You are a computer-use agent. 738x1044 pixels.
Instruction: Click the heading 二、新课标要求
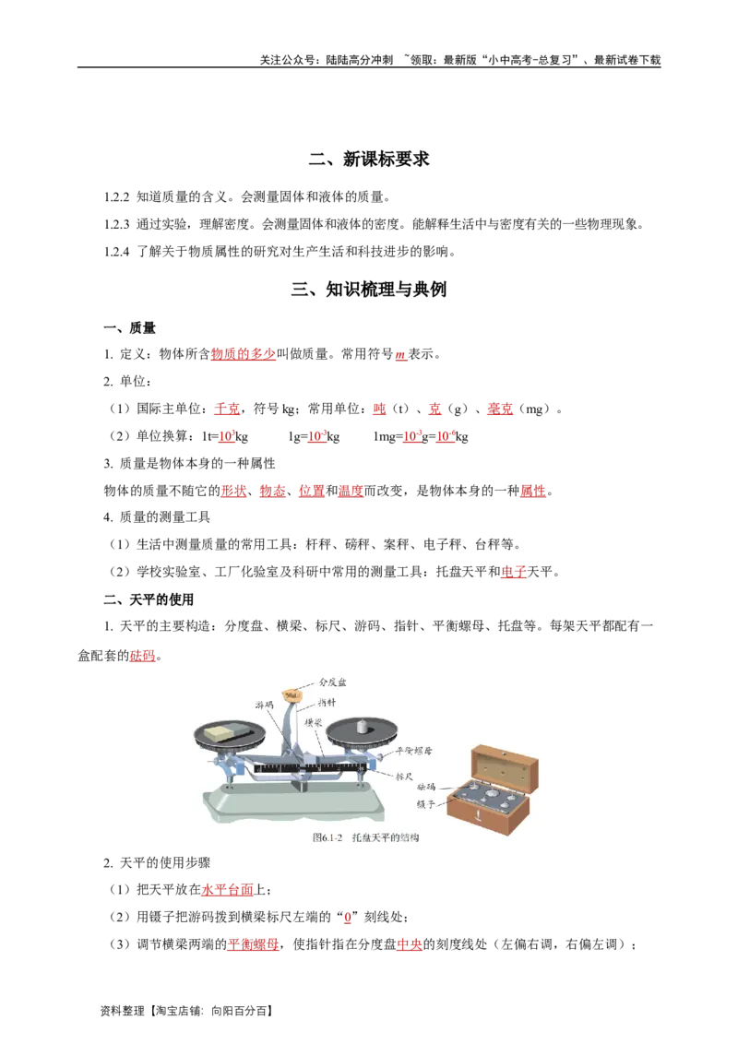pyautogui.click(x=369, y=160)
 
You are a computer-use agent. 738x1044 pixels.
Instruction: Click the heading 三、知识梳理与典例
pyautogui.click(x=369, y=289)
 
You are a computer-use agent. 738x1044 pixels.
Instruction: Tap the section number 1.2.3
pyautogui.click(x=116, y=224)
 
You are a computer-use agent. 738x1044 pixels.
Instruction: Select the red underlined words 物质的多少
pyautogui.click(x=244, y=354)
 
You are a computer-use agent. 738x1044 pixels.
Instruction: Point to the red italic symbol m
pyautogui.click(x=400, y=355)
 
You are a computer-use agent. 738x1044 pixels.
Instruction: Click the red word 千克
pyautogui.click(x=227, y=409)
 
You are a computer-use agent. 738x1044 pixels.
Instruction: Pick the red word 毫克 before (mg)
pyautogui.click(x=500, y=409)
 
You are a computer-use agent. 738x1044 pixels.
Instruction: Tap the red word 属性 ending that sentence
pyautogui.click(x=533, y=491)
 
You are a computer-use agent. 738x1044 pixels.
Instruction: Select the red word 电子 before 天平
pyautogui.click(x=514, y=572)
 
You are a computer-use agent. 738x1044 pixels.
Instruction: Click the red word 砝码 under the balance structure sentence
pyautogui.click(x=143, y=656)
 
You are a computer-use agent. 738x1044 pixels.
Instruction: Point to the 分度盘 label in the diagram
pyautogui.click(x=332, y=682)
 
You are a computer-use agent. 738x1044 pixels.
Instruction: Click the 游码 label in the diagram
pyautogui.click(x=264, y=705)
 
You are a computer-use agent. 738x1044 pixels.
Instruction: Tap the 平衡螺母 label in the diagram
pyautogui.click(x=413, y=751)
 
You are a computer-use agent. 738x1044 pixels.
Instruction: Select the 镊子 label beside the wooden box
pyautogui.click(x=425, y=804)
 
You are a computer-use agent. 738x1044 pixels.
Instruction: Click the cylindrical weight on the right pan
pyautogui.click(x=362, y=726)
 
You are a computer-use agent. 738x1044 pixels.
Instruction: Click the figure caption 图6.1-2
pyautogui.click(x=327, y=837)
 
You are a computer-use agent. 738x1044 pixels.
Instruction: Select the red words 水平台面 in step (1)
pyautogui.click(x=227, y=890)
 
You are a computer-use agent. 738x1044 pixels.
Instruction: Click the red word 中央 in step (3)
pyautogui.click(x=410, y=944)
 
